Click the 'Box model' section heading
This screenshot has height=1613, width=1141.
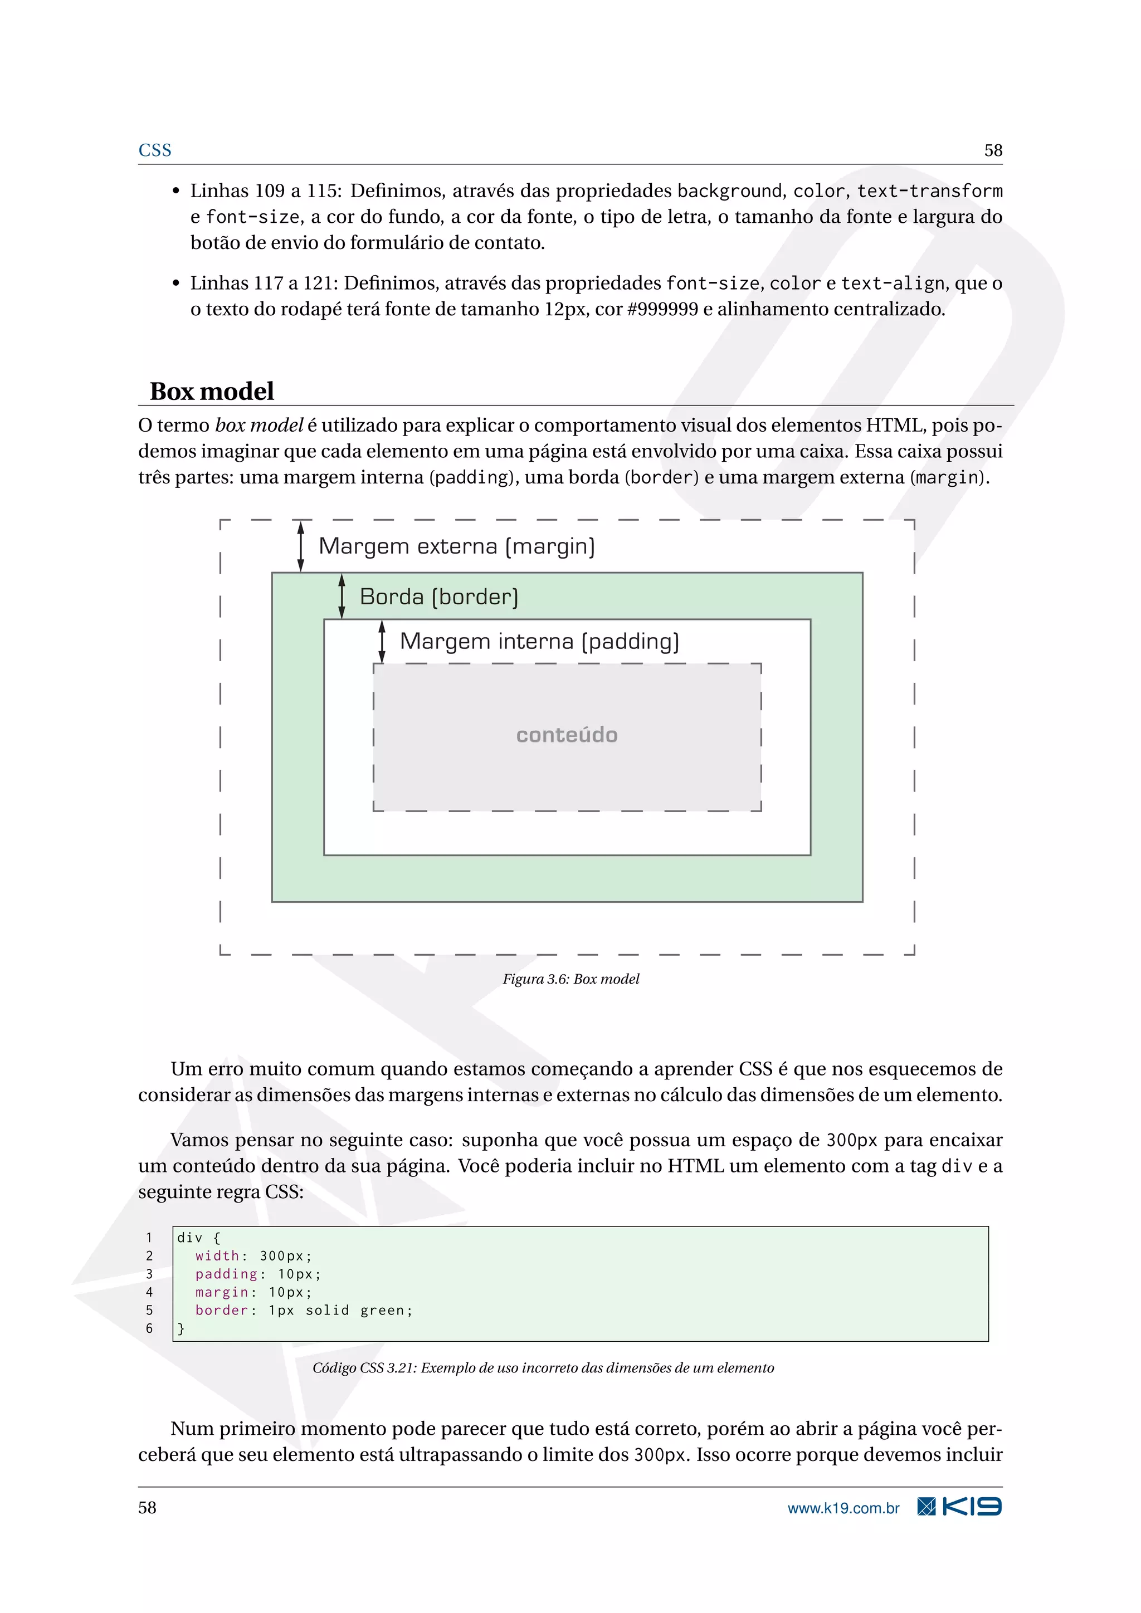pos(212,392)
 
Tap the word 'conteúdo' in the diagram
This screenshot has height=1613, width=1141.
pos(567,735)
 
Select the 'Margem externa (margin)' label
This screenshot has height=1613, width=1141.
pos(457,546)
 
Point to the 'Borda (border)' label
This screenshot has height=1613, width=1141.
pos(439,597)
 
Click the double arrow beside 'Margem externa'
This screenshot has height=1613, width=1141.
pos(301,546)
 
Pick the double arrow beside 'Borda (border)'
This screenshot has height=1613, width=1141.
pos(342,596)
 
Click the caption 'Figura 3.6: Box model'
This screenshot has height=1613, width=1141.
pos(570,979)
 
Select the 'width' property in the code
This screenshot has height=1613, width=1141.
pos(217,1255)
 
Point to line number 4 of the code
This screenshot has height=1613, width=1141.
pos(149,1292)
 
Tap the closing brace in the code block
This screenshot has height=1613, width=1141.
pos(181,1328)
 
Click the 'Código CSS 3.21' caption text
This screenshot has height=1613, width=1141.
pos(543,1367)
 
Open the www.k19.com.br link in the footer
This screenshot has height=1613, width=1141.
pos(843,1508)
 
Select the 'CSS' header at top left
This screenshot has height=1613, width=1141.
pos(154,150)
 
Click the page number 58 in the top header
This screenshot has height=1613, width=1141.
pos(993,150)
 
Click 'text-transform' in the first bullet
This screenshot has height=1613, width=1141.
pos(929,191)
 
